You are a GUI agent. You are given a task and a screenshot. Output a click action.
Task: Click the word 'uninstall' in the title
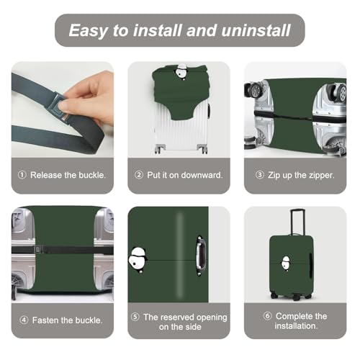[x=256, y=30]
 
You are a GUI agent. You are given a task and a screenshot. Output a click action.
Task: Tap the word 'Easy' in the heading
[x=89, y=31]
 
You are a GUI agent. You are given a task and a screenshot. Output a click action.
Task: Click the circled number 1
[x=22, y=175]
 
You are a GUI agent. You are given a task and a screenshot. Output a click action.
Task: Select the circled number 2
[x=139, y=175]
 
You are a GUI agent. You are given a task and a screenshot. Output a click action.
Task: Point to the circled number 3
[x=260, y=175]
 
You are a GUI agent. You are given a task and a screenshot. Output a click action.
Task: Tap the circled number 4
[x=24, y=320]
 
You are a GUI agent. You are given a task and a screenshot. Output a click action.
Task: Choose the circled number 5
[x=135, y=317]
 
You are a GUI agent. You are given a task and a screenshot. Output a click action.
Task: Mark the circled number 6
[x=267, y=316]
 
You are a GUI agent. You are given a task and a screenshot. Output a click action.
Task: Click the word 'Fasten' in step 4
[x=45, y=320]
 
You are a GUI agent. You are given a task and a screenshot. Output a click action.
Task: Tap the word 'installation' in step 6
[x=296, y=326]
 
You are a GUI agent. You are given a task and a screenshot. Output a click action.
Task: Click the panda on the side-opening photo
[x=138, y=260]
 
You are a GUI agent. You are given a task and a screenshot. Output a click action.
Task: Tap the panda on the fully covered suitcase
[x=286, y=263]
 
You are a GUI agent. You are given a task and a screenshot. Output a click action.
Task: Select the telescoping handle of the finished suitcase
[x=297, y=222]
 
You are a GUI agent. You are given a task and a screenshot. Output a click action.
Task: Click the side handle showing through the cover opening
[x=200, y=256]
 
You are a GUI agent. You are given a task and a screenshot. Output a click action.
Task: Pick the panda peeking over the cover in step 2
[x=181, y=71]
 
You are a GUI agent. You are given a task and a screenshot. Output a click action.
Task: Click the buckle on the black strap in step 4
[x=37, y=250]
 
